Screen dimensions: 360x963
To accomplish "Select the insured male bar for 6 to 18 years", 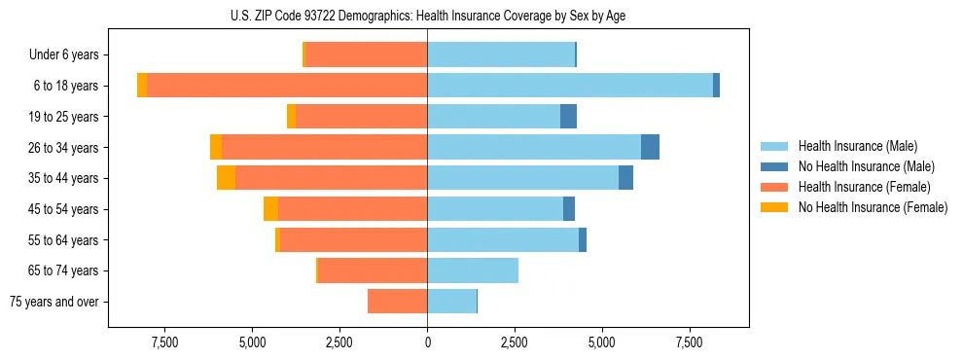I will (570, 86).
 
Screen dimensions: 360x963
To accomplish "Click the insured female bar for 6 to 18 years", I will (287, 86).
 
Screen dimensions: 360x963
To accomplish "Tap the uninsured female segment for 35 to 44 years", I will (226, 178).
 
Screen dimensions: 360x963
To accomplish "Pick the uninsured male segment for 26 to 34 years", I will (650, 147).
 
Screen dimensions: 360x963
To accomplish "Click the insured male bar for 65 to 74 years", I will (473, 270).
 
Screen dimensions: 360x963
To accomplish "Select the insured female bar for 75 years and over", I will (397, 302).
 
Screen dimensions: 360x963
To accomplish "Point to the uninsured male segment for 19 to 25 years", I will (568, 117).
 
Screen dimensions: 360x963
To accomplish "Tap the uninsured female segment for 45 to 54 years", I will (270, 209).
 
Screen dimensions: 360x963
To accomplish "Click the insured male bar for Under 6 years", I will (501, 54).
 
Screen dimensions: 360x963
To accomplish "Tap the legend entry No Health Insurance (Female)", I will (873, 207).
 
